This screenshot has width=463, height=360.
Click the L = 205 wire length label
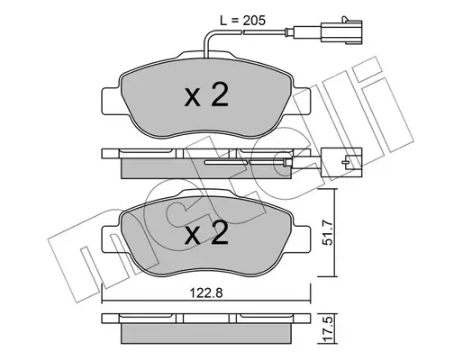(243, 21)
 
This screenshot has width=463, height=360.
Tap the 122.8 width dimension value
(206, 292)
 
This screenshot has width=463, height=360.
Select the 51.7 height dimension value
(328, 233)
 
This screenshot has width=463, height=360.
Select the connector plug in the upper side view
(341, 162)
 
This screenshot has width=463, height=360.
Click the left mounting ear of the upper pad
(112, 101)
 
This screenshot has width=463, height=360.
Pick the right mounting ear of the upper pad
(301, 101)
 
